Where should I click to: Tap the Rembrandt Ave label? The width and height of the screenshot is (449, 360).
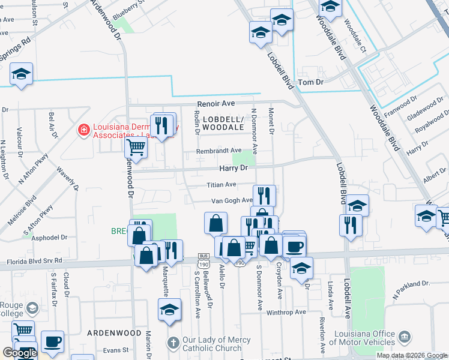click(x=218, y=151)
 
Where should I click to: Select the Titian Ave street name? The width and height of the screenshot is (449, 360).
click(x=222, y=185)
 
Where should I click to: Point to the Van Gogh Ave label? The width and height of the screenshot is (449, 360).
click(x=231, y=201)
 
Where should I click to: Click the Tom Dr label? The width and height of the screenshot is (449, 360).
click(x=310, y=82)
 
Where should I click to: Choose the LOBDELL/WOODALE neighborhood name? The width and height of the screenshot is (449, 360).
click(x=223, y=123)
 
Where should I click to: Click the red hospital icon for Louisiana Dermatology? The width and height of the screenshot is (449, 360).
click(x=83, y=129)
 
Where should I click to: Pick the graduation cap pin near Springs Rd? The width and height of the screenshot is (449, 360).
click(x=22, y=74)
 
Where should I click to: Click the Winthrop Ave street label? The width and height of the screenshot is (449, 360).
click(x=286, y=312)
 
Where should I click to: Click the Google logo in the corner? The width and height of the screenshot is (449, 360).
click(x=20, y=353)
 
